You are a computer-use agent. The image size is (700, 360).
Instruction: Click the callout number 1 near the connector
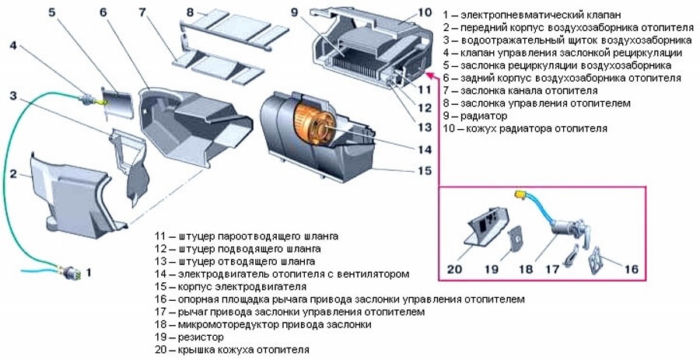89,273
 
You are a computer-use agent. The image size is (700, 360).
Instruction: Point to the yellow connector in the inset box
518,196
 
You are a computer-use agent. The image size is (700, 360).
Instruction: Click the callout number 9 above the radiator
295,12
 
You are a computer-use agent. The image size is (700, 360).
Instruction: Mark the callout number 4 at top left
13,45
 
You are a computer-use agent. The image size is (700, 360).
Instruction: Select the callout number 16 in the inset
631,268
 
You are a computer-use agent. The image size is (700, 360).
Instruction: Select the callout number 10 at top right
424,12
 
